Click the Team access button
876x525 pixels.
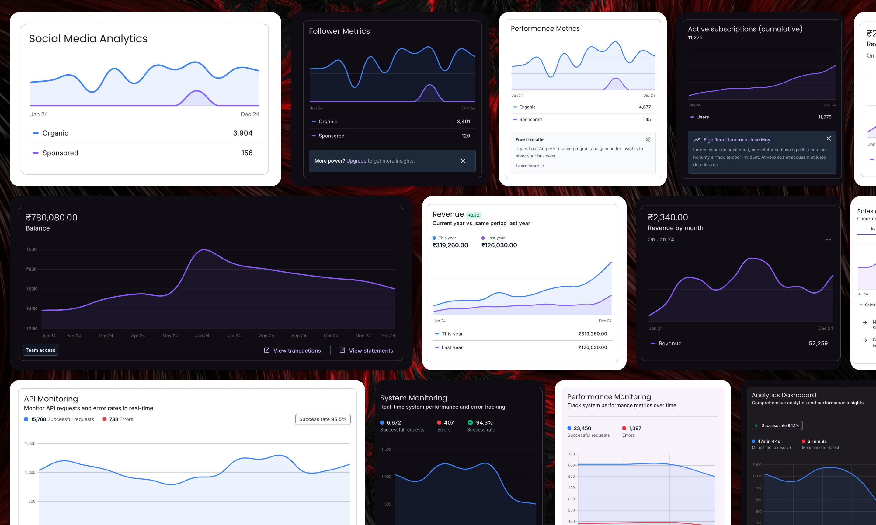40,350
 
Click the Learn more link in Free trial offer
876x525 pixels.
529,166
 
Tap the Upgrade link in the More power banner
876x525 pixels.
356,161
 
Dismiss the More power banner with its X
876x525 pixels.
463,161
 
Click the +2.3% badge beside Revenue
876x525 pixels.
474,215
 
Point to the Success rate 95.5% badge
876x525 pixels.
323,419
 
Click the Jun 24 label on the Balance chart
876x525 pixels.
202,336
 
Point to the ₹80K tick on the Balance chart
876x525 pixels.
32,269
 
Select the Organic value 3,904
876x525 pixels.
243,133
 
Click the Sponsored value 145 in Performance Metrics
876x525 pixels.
647,120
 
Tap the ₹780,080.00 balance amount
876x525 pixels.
52,217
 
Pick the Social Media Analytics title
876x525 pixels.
88,39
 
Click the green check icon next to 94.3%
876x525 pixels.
470,422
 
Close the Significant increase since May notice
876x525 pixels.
829,139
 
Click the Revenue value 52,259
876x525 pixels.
818,344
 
